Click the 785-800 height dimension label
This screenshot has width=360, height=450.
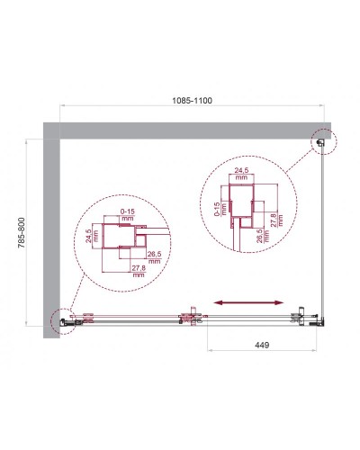pos(33,237)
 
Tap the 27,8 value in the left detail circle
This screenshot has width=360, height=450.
pos(137,272)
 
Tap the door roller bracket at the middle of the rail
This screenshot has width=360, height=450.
pos(189,317)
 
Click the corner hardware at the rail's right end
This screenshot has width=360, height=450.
pos(310,316)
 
